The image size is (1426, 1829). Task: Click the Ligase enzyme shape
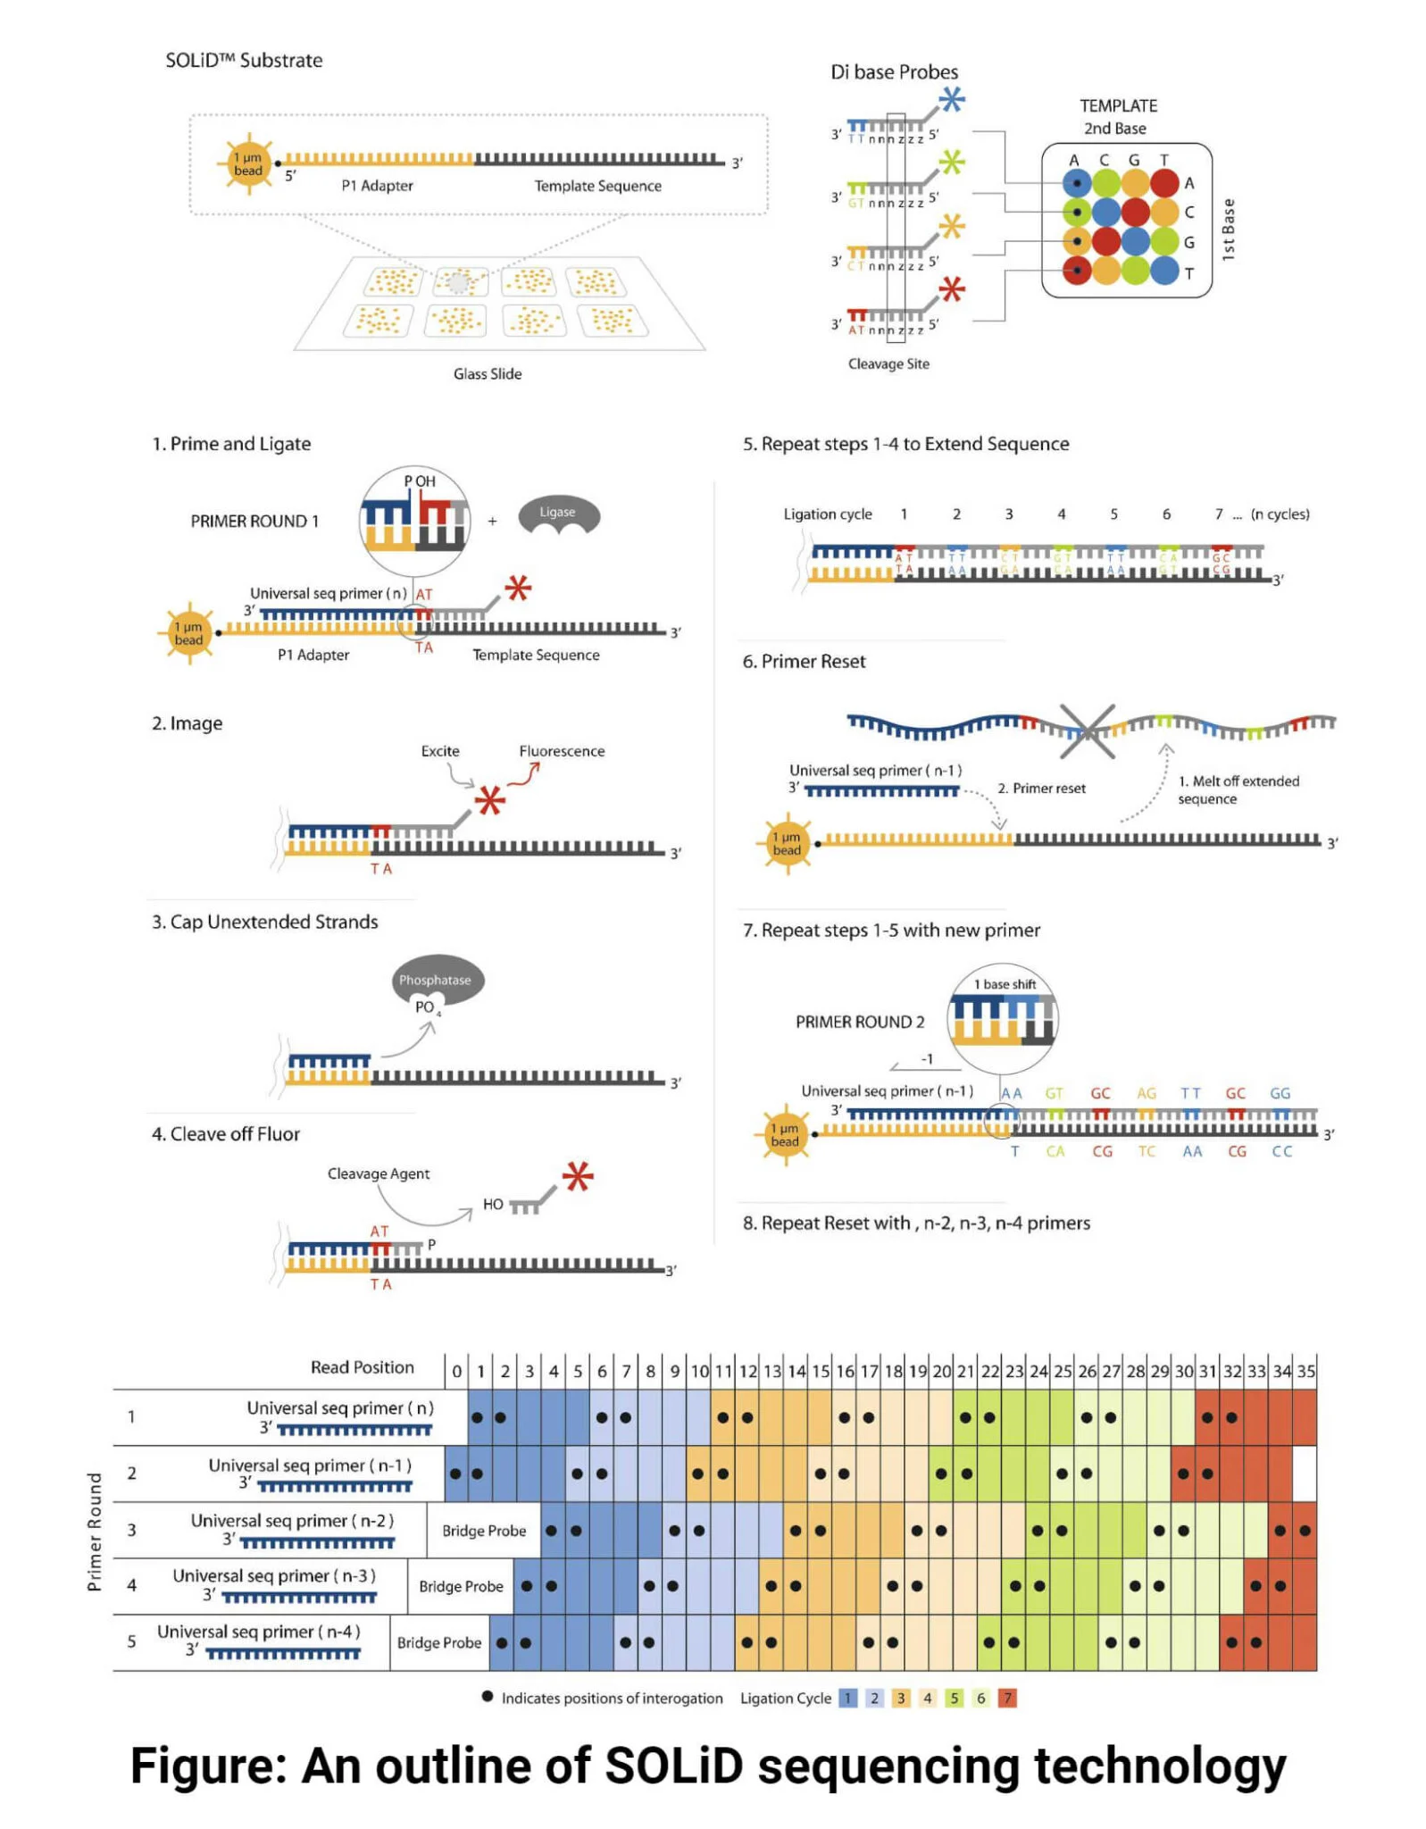coord(558,515)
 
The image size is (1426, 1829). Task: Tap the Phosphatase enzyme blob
coord(436,981)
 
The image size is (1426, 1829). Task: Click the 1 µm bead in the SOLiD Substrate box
coord(248,164)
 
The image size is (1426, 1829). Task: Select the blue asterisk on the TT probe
coord(951,99)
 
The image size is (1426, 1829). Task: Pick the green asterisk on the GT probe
coord(951,163)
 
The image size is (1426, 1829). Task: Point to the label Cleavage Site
coord(888,363)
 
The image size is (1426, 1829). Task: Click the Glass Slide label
coord(487,373)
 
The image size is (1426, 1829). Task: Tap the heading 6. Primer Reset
coord(804,661)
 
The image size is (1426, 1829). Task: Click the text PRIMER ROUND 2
coord(859,1022)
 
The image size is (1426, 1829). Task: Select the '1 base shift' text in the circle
coord(1005,984)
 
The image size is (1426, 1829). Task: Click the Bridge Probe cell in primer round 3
coord(483,1530)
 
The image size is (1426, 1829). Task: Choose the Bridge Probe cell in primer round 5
coord(438,1642)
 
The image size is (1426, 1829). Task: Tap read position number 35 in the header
coord(1305,1371)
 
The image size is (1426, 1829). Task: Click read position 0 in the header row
coord(456,1371)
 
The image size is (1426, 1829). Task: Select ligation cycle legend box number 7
coord(1006,1698)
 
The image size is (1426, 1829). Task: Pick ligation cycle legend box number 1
coord(847,1698)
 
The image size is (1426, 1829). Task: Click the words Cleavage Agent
coord(378,1173)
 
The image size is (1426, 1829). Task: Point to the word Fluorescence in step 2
coord(561,751)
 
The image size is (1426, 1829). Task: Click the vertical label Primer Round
coord(94,1532)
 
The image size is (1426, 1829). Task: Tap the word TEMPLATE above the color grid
coord(1117,105)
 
